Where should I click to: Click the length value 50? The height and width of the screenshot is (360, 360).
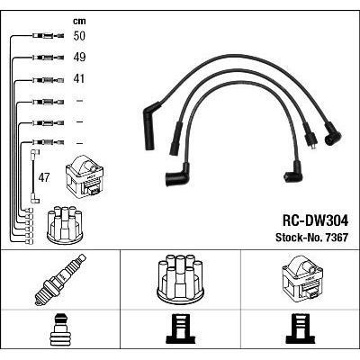point(79,36)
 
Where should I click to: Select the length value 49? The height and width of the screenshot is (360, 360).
point(79,58)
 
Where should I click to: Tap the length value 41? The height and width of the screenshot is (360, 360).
point(79,79)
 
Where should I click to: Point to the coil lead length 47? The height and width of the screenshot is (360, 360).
point(44,178)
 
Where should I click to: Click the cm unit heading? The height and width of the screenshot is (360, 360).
point(79,21)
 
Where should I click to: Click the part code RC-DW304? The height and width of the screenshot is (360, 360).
point(315,221)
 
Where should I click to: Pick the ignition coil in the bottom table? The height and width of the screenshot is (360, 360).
point(302,281)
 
